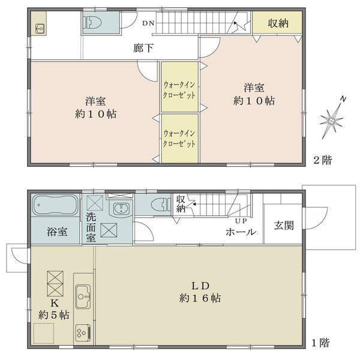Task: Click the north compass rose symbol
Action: (332, 119)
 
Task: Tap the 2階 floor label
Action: (323, 160)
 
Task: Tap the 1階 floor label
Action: (320, 343)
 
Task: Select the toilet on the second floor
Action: (93, 22)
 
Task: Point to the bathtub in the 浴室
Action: (55, 205)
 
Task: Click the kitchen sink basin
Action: (83, 296)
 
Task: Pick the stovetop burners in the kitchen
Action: (83, 332)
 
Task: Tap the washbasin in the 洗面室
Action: (122, 208)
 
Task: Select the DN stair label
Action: (148, 23)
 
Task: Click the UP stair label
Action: (241, 221)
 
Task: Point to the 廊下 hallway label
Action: (143, 48)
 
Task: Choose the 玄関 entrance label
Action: (284, 226)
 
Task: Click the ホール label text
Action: (241, 232)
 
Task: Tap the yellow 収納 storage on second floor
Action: (277, 22)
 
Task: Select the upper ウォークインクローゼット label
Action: (179, 90)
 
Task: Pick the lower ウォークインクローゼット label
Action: (179, 139)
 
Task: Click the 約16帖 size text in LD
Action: (200, 298)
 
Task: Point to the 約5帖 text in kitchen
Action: (54, 315)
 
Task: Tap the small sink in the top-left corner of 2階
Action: (40, 29)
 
